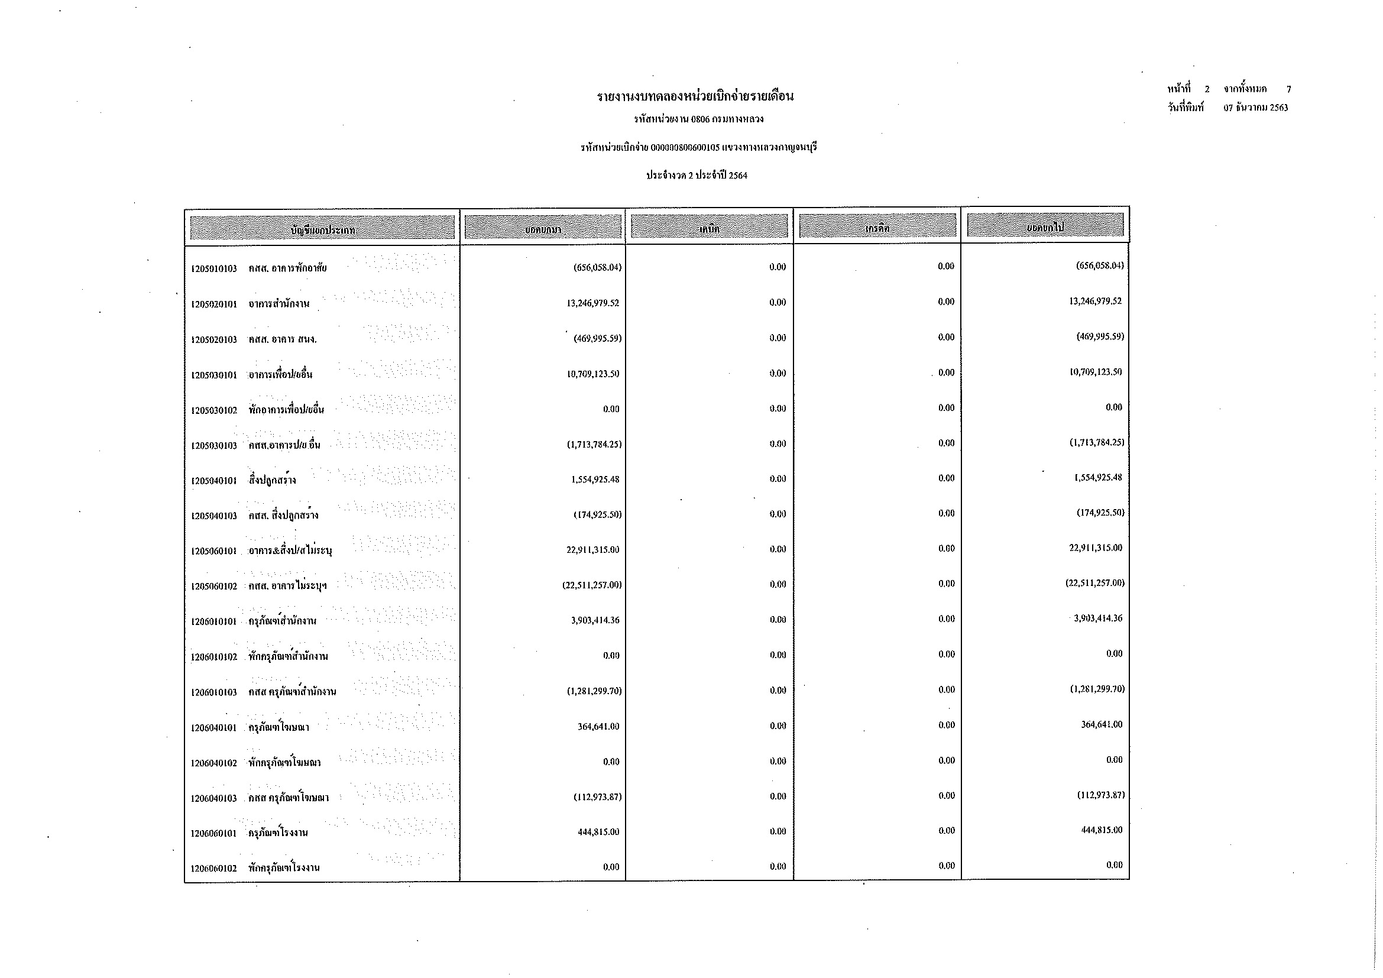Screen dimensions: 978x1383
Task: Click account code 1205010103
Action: (x=214, y=268)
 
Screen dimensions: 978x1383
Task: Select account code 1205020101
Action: (x=214, y=304)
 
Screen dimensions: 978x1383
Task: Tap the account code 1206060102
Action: (x=214, y=869)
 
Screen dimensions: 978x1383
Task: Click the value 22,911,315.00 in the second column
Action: (x=592, y=550)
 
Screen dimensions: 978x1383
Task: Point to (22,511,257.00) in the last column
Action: (x=1094, y=583)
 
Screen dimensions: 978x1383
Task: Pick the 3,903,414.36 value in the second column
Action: (x=595, y=620)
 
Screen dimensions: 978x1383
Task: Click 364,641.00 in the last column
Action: (x=1101, y=724)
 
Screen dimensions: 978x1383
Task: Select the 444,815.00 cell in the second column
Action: (x=598, y=833)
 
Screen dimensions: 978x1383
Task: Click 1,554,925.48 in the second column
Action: (x=595, y=480)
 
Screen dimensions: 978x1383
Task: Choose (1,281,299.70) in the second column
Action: (x=594, y=691)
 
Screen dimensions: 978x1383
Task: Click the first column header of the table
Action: (x=322, y=228)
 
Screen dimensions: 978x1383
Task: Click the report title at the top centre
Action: (x=695, y=96)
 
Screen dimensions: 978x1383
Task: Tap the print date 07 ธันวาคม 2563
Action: (x=1255, y=108)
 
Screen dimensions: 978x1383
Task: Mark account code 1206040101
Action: (x=214, y=728)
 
